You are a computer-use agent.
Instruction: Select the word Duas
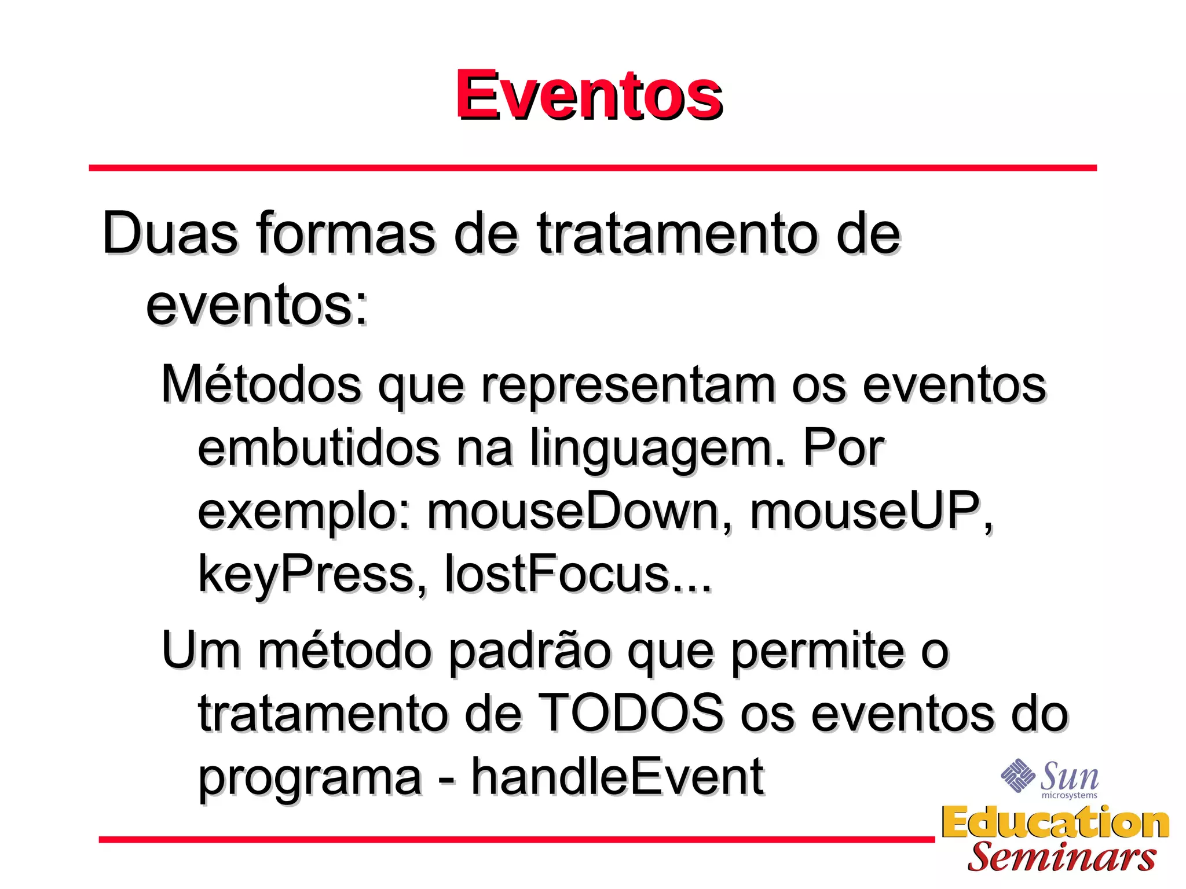point(170,233)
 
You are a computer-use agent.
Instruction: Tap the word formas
point(345,233)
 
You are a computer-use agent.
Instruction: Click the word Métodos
point(261,384)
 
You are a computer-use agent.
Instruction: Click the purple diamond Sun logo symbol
point(1017,776)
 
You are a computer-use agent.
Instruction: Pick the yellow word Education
point(1055,822)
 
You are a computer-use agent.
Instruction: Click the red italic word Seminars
point(1061,857)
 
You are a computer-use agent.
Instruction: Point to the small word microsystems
point(1069,796)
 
